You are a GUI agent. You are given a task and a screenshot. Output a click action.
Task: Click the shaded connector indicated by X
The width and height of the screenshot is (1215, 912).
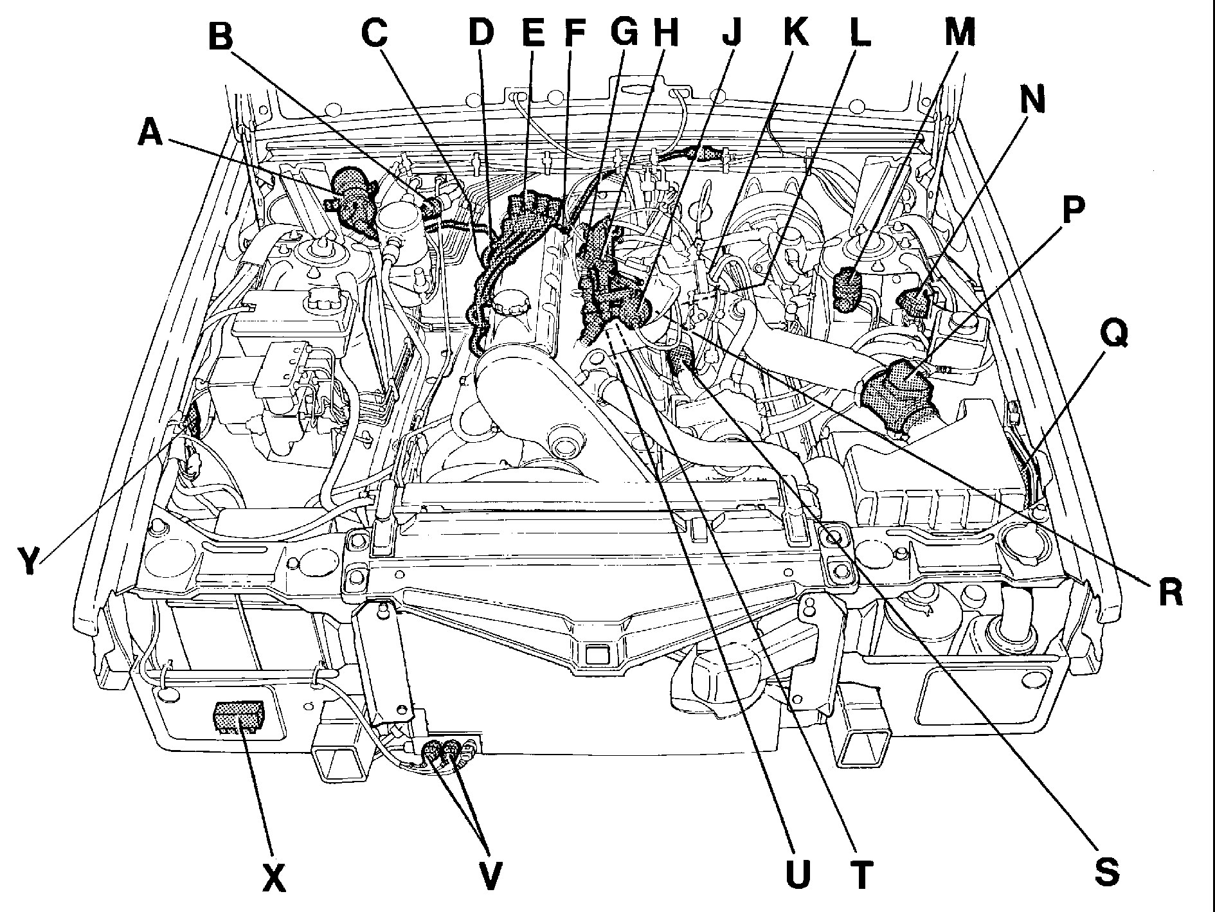[x=238, y=717]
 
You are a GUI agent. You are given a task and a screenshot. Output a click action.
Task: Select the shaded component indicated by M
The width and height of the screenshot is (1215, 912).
[x=849, y=291]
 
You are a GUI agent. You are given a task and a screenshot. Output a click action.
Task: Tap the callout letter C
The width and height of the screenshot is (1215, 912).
[x=375, y=31]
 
